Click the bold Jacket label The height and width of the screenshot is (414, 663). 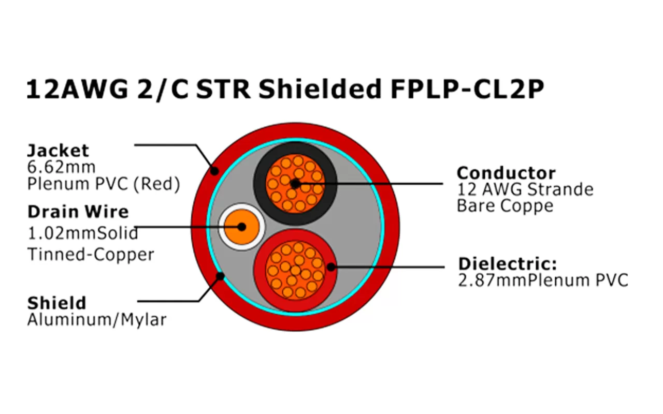click(x=58, y=151)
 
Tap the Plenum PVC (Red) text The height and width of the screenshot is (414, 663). click(x=104, y=184)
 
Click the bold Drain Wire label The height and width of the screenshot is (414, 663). click(x=78, y=212)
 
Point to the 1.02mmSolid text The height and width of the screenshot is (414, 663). click(x=83, y=233)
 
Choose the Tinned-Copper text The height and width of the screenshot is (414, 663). click(x=91, y=255)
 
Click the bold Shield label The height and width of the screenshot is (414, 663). click(x=56, y=303)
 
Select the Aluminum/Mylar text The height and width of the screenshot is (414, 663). click(x=97, y=320)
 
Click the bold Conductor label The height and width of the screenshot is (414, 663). click(x=506, y=173)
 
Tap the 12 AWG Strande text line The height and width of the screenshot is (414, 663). click(x=525, y=189)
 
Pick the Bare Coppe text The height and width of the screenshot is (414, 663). click(x=505, y=206)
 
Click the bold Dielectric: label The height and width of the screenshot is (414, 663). click(x=508, y=264)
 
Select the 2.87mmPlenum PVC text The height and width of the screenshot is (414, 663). click(x=543, y=280)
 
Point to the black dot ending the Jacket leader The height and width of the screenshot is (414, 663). click(x=214, y=170)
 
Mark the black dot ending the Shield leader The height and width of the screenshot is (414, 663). click(x=220, y=276)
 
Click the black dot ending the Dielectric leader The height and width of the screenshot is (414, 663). click(x=330, y=267)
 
